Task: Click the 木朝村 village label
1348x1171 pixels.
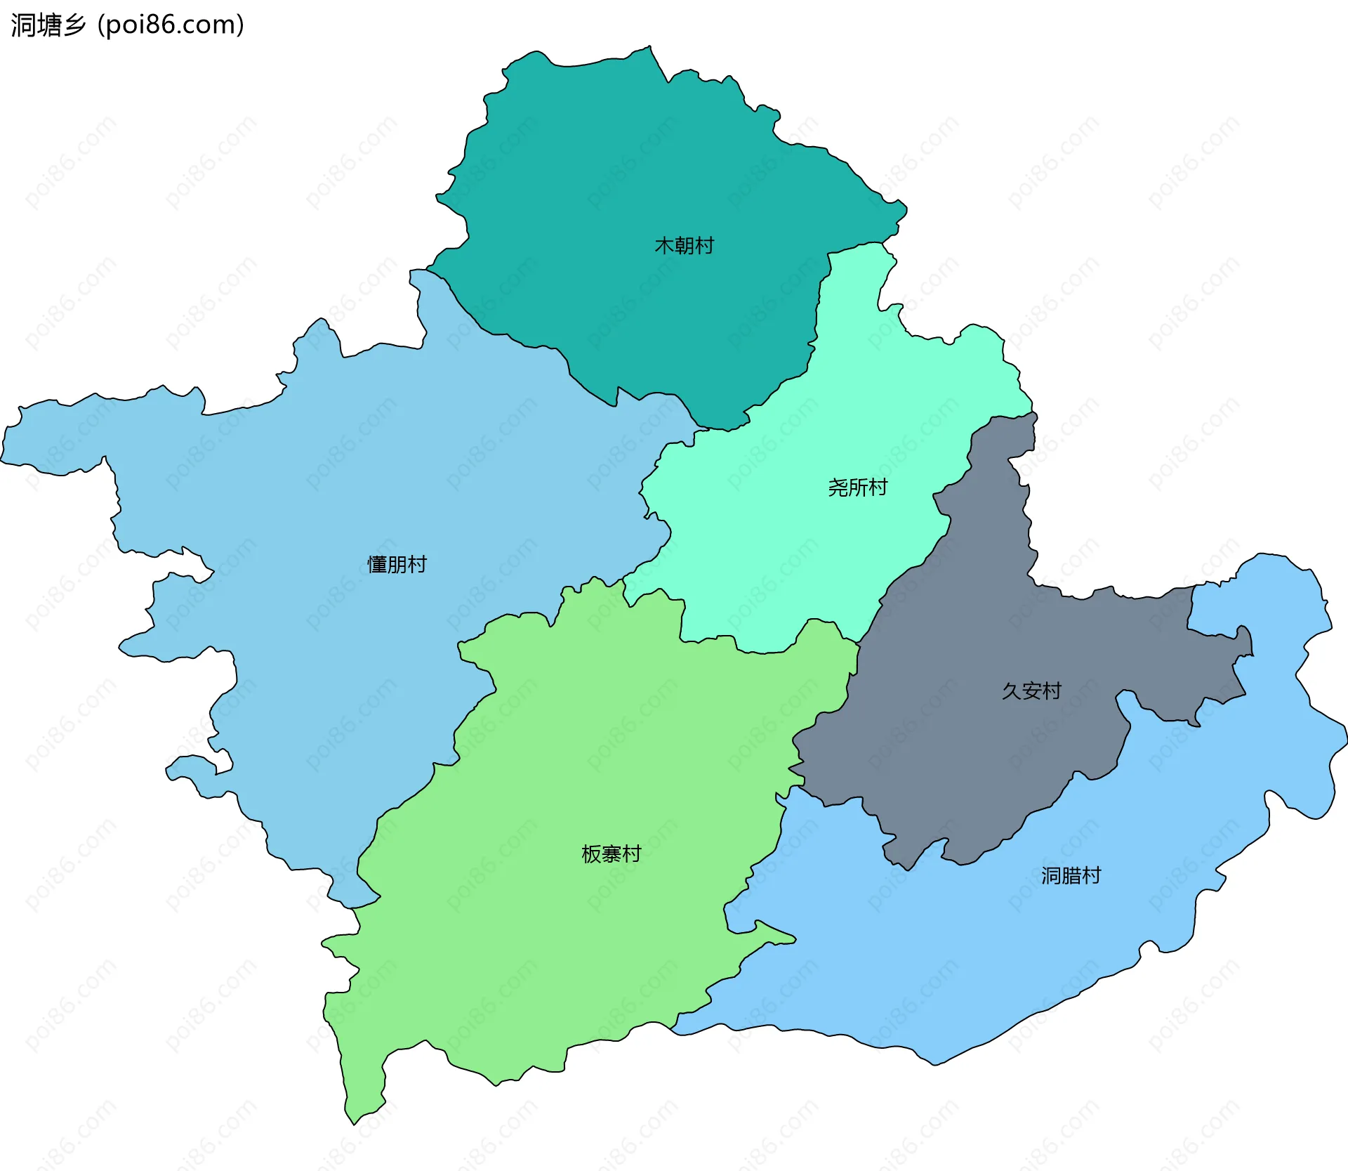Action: point(684,246)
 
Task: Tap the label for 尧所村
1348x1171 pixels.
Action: point(857,488)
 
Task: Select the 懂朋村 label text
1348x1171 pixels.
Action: point(397,565)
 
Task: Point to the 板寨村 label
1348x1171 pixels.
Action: point(611,854)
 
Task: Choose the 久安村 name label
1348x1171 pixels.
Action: point(1031,691)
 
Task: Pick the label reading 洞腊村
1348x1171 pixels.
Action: point(1071,876)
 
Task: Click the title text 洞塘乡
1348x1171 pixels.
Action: point(48,25)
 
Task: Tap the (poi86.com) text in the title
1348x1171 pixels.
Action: point(171,25)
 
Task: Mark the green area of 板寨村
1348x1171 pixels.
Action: point(562,948)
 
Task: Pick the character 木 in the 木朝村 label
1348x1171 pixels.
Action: point(664,246)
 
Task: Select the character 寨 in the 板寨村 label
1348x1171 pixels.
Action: point(611,854)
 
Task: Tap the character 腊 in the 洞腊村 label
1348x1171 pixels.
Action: point(1071,876)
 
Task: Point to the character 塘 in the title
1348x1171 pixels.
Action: point(48,25)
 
